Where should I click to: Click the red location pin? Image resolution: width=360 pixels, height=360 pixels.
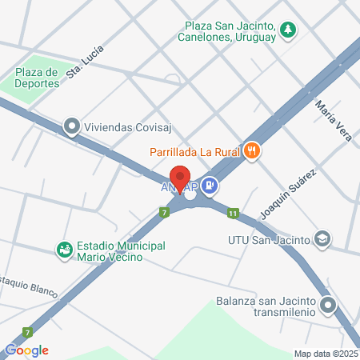pos(181,179)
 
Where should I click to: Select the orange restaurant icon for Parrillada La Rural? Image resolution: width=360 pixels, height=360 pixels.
pos(253,150)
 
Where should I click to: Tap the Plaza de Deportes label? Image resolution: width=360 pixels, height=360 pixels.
pos(38,78)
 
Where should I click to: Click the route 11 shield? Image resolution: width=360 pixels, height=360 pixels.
pos(233,213)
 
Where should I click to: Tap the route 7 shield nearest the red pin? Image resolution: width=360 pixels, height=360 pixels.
pos(164,212)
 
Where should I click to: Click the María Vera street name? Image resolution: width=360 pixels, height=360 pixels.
pos(333,120)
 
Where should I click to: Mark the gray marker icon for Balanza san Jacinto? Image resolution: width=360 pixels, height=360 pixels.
pos(328,304)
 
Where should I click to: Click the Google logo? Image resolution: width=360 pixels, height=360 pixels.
pos(27,350)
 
